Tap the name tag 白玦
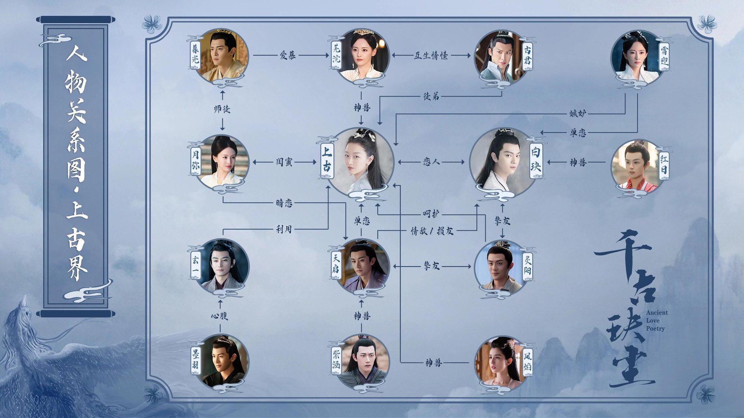pos(536,159)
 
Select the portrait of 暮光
pos(222,55)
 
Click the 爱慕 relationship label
pos(288,55)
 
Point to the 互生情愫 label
pos(431,56)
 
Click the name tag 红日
pos(664,164)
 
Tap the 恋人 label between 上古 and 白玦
pos(431,162)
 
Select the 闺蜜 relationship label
pos(284,162)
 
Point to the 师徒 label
pos(222,109)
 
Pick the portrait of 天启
pos(362,266)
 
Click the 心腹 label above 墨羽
pos(220,316)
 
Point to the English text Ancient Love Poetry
pos(656,321)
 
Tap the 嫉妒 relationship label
pos(577,114)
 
